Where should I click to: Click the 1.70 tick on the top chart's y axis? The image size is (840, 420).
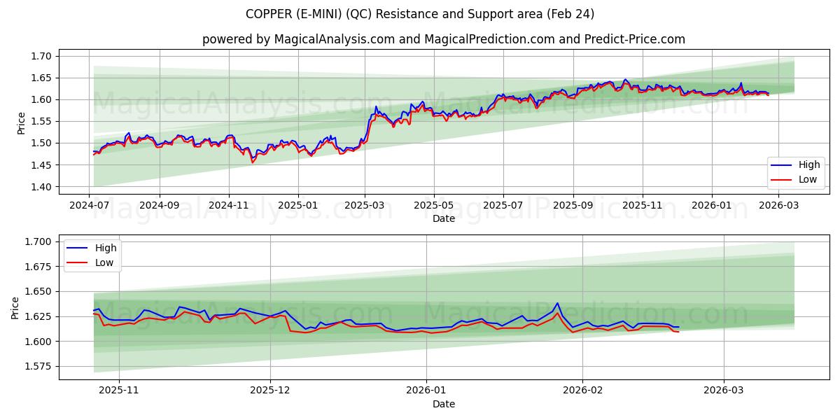(41, 56)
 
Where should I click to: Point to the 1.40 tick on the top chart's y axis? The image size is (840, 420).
(41, 187)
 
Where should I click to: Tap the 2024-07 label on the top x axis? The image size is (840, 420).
(90, 205)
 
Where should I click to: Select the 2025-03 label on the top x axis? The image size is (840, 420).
(365, 205)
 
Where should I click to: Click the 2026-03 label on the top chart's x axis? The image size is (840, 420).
(780, 205)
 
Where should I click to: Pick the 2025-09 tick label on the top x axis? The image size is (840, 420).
(573, 205)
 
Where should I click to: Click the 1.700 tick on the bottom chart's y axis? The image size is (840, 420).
(38, 241)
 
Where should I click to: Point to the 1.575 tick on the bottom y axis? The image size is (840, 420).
(38, 366)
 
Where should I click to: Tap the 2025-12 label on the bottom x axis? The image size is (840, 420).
(269, 391)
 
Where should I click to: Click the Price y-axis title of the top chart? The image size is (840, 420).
(20, 122)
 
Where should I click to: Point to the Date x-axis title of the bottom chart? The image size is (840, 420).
(443, 404)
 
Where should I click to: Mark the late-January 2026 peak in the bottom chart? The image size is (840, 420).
(557, 303)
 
